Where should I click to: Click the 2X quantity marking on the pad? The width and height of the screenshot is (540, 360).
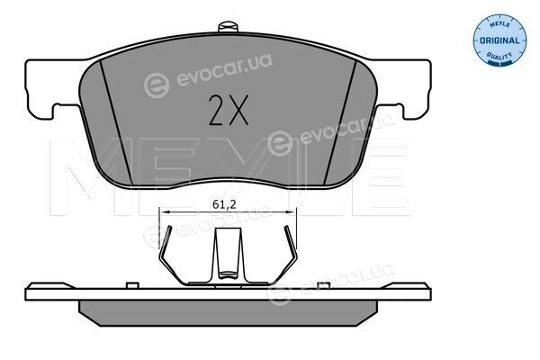click(229, 110)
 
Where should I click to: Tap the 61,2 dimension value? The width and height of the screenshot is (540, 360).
click(224, 204)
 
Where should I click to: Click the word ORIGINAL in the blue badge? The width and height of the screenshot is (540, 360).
click(499, 40)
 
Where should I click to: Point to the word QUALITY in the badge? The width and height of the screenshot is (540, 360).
click(499, 56)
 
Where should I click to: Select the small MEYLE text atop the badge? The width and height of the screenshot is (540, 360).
click(499, 25)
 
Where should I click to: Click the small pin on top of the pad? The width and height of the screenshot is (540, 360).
click(228, 27)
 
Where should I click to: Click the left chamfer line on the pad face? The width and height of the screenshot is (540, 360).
click(116, 121)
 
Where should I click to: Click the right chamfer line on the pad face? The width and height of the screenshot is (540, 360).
click(340, 121)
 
